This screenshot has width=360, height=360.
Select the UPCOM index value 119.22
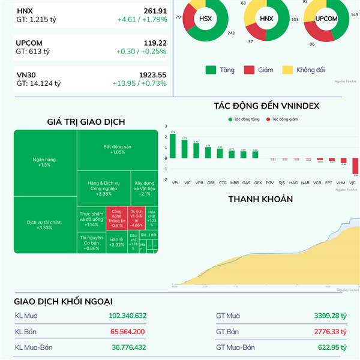(x=152, y=43)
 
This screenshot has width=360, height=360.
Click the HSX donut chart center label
(x=205, y=19)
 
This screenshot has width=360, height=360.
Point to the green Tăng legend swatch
(x=211, y=70)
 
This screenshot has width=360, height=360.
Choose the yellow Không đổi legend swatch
(x=287, y=70)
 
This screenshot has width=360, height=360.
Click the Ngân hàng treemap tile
(x=44, y=161)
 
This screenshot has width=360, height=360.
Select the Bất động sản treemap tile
(x=117, y=149)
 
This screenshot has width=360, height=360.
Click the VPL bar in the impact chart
(x=173, y=146)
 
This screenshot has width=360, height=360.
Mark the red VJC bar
(x=355, y=166)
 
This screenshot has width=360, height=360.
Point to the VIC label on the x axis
(x=187, y=182)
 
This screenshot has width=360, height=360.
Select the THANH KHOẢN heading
(x=260, y=199)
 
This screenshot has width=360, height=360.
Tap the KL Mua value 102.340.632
(x=128, y=316)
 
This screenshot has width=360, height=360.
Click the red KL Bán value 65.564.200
(x=127, y=331)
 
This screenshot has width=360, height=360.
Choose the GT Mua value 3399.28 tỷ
(x=330, y=316)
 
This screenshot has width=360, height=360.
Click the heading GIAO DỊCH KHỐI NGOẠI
(x=64, y=301)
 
